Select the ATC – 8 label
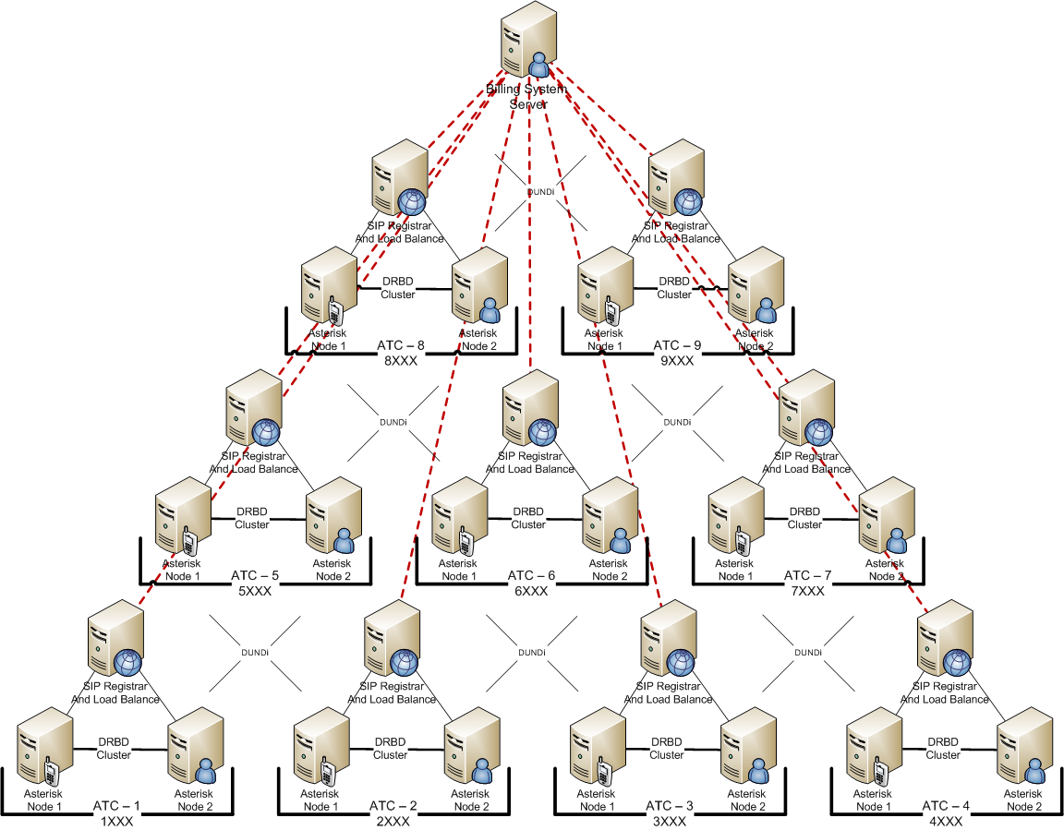point(401,346)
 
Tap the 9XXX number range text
point(678,361)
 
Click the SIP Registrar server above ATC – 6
point(529,411)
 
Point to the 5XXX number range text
point(254,592)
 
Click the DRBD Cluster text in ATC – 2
point(390,749)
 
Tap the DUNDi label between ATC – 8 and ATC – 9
point(540,193)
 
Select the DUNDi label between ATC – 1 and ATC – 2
point(254,653)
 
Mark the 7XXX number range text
point(807,592)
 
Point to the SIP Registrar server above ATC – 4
point(944,641)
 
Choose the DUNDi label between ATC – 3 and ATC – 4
point(807,653)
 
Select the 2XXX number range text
point(393,821)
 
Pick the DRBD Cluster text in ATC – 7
point(804,518)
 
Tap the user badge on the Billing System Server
point(538,65)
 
